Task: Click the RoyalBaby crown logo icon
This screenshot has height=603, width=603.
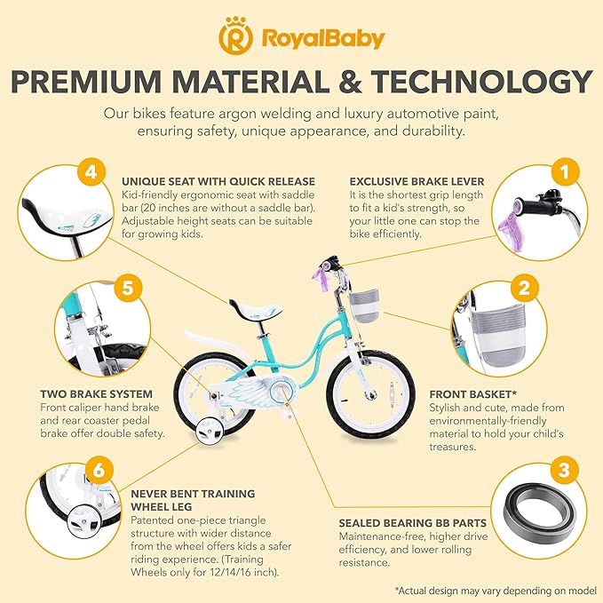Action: coord(235,36)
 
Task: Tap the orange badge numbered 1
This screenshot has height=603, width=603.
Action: coord(565,172)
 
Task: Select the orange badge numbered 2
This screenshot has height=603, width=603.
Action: coord(525,288)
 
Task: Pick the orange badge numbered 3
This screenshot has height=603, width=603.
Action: coord(564,470)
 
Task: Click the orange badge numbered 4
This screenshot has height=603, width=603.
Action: coord(91,172)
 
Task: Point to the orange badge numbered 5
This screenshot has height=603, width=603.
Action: coord(128,288)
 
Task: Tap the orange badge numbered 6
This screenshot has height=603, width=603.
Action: coord(99,470)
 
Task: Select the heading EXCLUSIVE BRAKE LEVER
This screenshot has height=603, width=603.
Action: coord(417,181)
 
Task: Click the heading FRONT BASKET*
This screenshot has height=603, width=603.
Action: coord(472,394)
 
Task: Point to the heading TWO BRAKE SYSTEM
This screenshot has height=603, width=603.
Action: coord(96,394)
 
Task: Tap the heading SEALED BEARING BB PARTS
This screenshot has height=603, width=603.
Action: coord(412,523)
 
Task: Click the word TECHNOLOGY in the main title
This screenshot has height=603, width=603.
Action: coord(481,82)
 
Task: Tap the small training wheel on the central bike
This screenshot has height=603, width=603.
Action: coord(210,432)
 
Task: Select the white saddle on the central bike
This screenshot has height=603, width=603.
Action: coord(255,308)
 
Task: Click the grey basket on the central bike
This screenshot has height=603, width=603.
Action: coord(364,305)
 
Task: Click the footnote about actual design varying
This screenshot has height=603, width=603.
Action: coord(496,591)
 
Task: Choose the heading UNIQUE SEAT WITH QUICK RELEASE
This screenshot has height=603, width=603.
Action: coord(218,181)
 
